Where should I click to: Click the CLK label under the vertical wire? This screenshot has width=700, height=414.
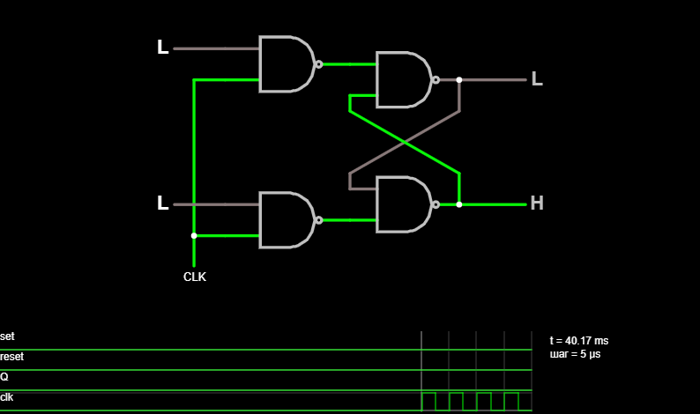click(x=195, y=277)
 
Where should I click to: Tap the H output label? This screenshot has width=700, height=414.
click(x=537, y=203)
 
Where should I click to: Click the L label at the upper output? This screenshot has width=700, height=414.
click(x=537, y=79)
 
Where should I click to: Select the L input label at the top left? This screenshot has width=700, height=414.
click(x=163, y=48)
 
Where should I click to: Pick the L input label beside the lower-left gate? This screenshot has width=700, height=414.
click(x=163, y=203)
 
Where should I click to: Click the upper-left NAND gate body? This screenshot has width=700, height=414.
click(x=286, y=64)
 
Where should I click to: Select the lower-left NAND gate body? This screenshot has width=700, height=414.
click(x=286, y=220)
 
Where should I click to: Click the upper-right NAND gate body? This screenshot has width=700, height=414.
click(x=403, y=80)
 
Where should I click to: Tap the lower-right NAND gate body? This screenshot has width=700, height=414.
click(x=403, y=204)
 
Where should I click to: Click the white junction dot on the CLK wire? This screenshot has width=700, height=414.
click(x=194, y=235)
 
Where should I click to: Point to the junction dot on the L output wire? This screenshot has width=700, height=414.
click(x=459, y=80)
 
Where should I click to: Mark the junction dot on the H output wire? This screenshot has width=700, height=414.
click(x=459, y=204)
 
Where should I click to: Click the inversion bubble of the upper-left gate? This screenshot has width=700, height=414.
click(x=319, y=64)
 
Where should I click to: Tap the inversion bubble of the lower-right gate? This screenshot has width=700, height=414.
click(x=436, y=204)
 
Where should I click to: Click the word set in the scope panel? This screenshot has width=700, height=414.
click(x=7, y=336)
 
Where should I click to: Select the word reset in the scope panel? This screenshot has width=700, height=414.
click(x=12, y=357)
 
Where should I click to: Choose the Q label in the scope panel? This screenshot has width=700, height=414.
click(x=4, y=377)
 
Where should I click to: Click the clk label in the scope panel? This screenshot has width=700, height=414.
click(x=7, y=397)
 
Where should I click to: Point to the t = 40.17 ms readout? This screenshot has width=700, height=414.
click(x=579, y=341)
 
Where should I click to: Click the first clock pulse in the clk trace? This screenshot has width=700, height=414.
click(x=428, y=393)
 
